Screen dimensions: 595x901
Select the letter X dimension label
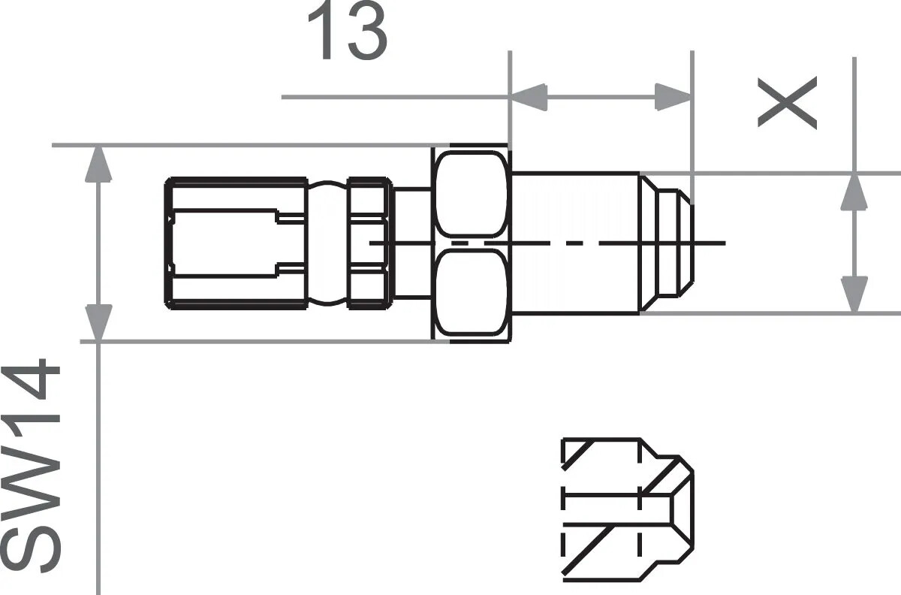(787, 104)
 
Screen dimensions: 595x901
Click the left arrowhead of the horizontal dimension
(528, 95)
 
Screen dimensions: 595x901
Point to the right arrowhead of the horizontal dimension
(673, 95)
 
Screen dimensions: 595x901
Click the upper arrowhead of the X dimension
(854, 191)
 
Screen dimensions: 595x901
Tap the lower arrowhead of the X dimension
(854, 294)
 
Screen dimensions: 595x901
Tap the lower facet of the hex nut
(472, 293)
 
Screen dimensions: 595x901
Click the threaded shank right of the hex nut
(574, 242)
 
